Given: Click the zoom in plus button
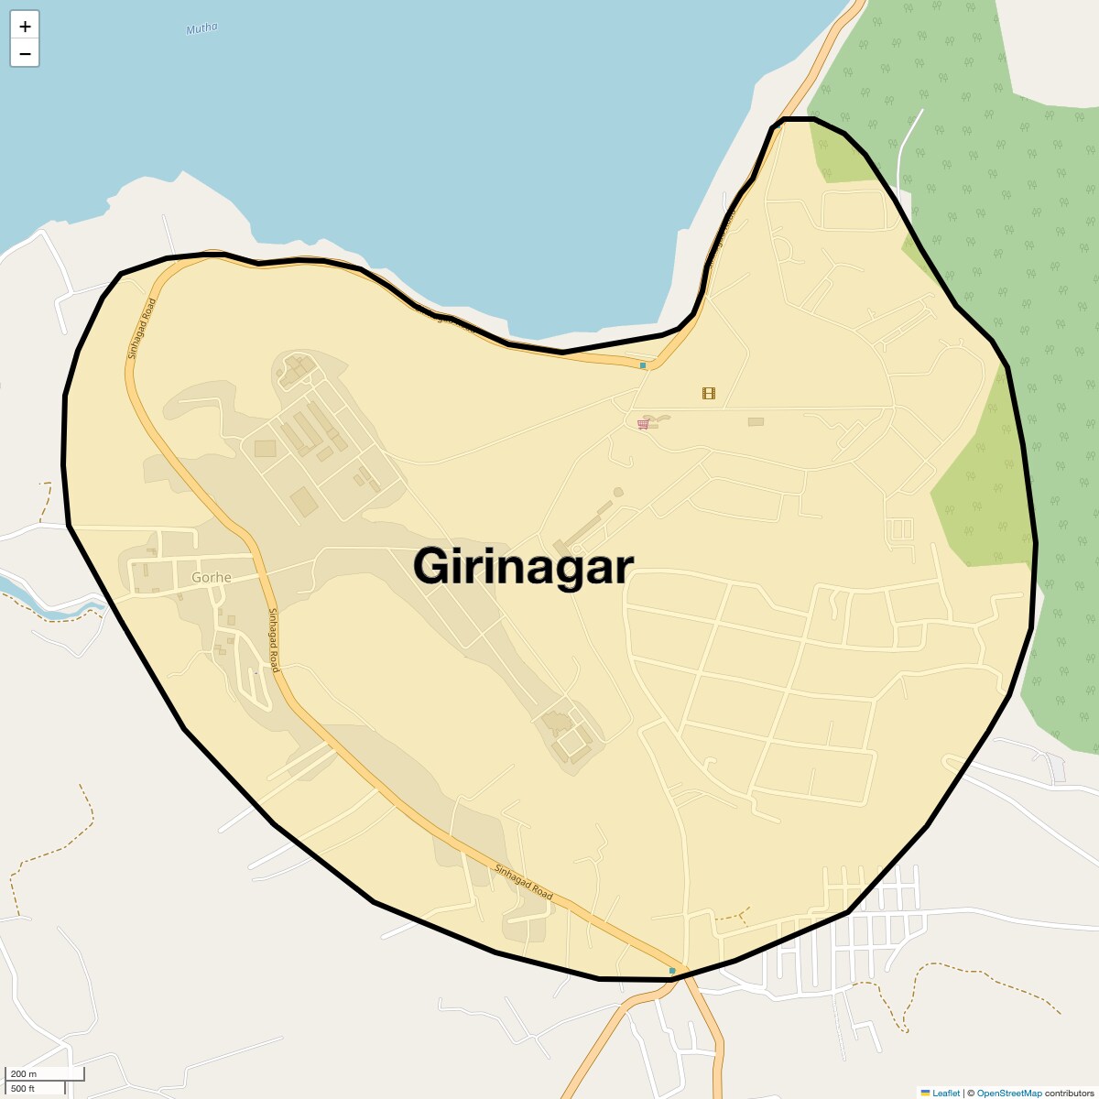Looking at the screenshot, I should coord(25,27).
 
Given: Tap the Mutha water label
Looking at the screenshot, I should coord(201,28).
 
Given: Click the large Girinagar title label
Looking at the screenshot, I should coord(522,566).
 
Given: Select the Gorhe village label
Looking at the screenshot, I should coord(212,578).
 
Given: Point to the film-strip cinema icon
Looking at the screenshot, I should coord(708,393).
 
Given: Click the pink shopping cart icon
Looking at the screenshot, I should coord(643,424).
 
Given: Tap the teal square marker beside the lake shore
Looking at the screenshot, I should coord(643,365).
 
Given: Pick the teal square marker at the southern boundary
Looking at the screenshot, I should coord(672,970).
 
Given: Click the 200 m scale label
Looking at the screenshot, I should coord(24,1074).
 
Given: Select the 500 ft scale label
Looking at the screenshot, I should coord(23,1088).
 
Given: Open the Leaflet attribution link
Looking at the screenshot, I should coord(946,1093).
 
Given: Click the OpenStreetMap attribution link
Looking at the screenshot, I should coord(1008,1093).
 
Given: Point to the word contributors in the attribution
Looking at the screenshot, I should coord(1069,1093).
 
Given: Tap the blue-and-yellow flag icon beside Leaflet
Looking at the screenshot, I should coord(925,1093).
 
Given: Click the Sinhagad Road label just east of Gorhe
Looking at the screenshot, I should coord(272,640).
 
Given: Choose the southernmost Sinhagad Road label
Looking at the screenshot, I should coord(524,881).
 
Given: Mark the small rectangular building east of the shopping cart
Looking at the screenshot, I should coord(756,421).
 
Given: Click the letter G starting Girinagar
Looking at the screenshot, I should coord(430,566).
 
